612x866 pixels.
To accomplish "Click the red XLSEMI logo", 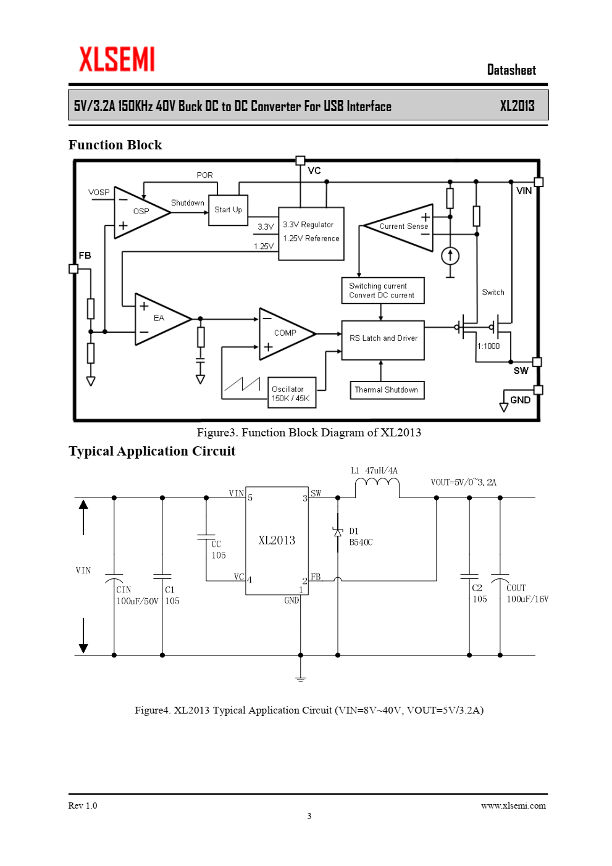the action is pos(117,59).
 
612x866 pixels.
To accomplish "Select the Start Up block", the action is pos(228,210).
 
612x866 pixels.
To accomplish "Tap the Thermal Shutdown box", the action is pos(387,390).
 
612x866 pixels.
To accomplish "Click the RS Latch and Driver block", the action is pos(383,340).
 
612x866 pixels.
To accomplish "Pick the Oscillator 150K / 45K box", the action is pos(292,393).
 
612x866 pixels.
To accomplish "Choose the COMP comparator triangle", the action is pos(287,334).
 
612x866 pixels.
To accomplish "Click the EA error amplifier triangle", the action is pos(162,319).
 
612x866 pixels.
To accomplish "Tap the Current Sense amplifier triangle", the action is pos(398,228).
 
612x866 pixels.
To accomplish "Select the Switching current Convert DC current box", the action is pos(383,291).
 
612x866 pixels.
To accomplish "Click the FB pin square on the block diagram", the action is pos(73,269).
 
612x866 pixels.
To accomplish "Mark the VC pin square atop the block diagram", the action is pos(300,160).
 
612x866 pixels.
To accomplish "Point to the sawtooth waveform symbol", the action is pos(242,384).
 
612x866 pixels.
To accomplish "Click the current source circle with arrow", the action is pos(450,256).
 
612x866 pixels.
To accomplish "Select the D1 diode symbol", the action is pos(338,533).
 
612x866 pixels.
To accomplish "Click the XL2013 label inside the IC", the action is pos(277,540).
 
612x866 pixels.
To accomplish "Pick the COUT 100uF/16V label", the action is pos(527,593).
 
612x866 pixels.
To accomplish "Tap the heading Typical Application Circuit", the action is pos(152,451).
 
